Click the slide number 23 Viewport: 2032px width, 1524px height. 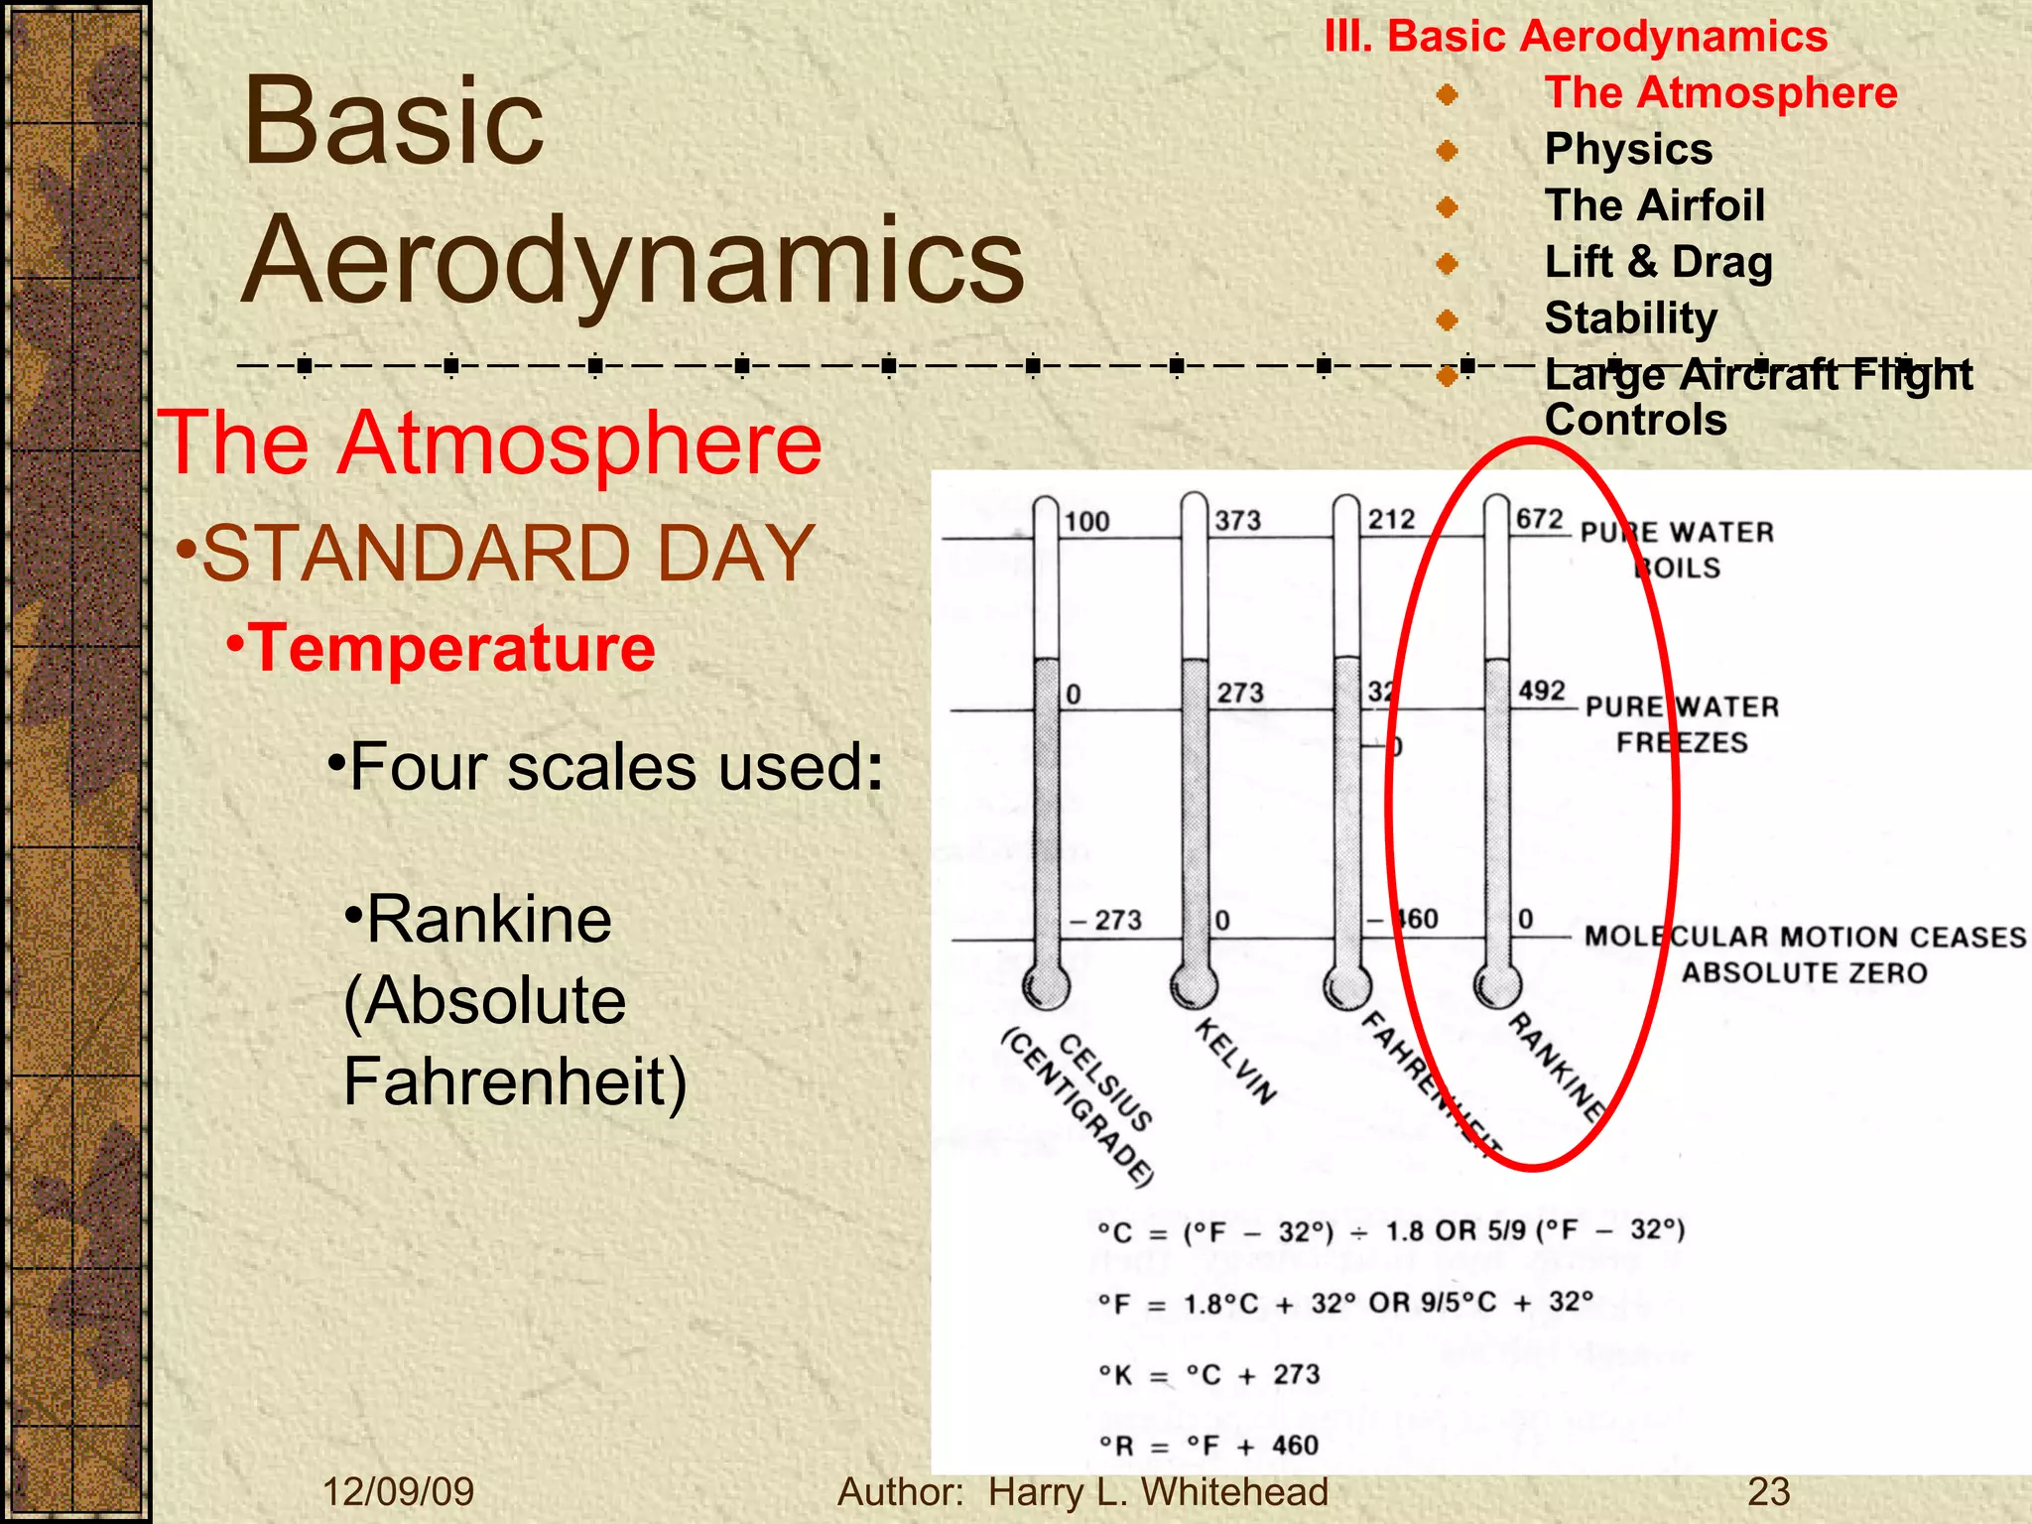1768,1492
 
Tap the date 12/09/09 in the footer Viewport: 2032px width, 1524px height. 399,1492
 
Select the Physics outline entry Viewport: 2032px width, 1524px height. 1628,150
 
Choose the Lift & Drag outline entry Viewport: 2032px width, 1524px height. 1658,262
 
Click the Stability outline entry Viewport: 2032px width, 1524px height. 1631,318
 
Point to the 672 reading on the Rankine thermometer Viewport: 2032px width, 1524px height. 1539,519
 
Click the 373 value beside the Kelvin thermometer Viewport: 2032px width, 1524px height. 1238,521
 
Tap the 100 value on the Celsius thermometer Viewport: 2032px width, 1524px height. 1086,522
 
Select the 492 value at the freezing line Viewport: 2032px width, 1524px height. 1542,691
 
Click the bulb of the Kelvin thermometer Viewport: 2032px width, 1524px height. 1194,984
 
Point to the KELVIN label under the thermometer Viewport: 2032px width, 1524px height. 1235,1060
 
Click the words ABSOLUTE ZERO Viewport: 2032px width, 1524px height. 1804,972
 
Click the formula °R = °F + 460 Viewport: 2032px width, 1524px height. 1208,1446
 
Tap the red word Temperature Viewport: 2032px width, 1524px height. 451,648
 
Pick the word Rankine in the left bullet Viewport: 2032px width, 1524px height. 489,920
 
